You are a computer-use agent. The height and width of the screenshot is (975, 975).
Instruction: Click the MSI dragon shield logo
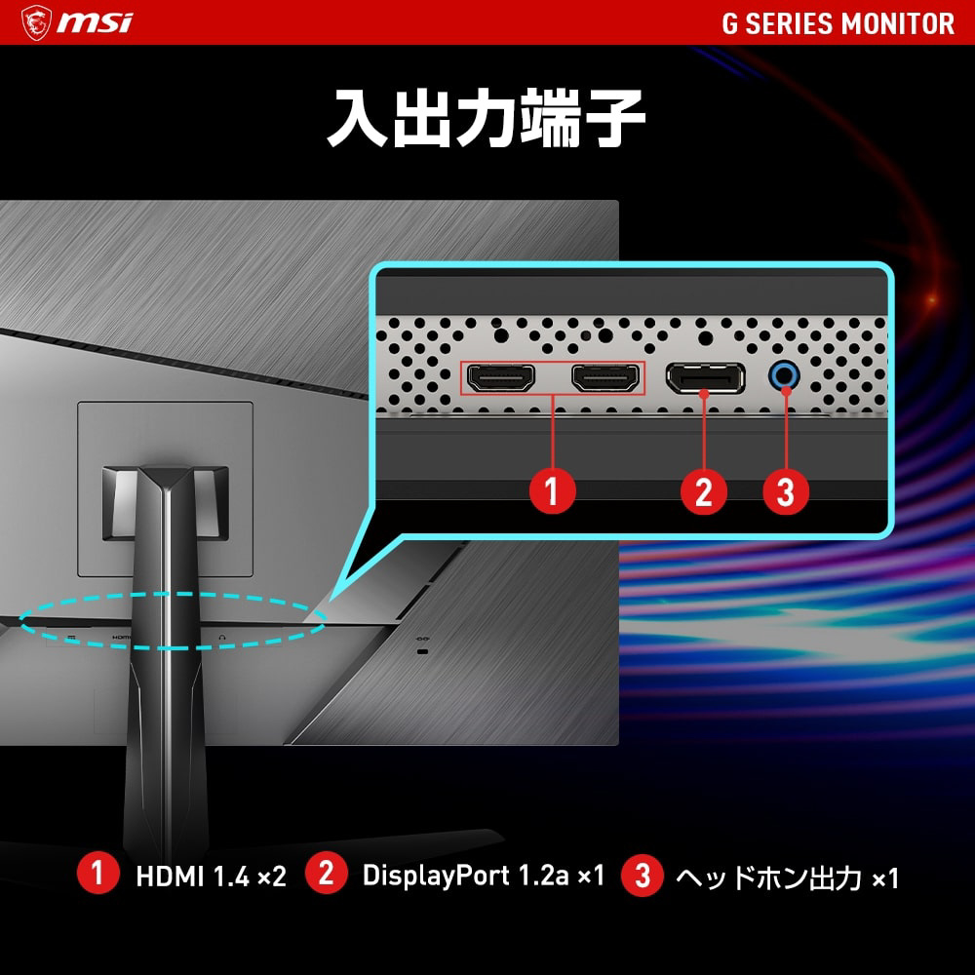click(36, 22)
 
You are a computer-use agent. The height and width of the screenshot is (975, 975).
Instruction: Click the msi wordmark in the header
click(96, 23)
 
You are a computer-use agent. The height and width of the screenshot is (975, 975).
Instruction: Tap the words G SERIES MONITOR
click(838, 23)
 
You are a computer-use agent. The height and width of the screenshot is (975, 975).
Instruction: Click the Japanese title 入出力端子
click(487, 117)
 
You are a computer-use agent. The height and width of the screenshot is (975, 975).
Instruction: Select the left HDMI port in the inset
click(500, 377)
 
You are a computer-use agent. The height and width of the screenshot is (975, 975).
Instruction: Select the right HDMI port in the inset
click(605, 377)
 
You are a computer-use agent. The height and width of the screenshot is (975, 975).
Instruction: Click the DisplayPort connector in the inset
click(705, 377)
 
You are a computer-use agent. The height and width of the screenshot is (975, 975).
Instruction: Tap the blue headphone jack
click(784, 375)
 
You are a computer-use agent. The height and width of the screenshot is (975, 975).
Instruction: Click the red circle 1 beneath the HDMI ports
click(552, 490)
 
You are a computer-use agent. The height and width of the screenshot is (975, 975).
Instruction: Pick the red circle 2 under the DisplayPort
click(704, 490)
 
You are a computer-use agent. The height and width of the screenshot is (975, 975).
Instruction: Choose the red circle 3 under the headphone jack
click(786, 490)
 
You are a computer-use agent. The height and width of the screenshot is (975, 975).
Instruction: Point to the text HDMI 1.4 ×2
click(212, 877)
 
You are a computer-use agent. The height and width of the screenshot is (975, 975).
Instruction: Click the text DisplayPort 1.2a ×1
click(484, 876)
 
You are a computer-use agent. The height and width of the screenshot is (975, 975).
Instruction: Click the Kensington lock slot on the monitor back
click(423, 651)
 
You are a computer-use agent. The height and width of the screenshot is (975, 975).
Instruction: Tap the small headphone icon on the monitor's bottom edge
click(222, 638)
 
